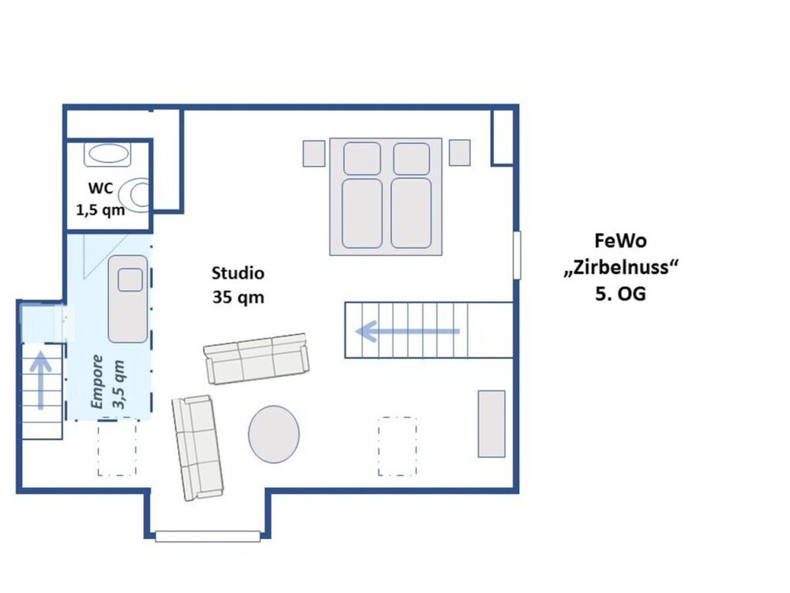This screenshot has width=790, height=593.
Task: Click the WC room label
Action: point(100,188)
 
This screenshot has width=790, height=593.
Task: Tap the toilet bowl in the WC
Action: point(137,195)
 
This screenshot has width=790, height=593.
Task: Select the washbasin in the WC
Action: point(107,154)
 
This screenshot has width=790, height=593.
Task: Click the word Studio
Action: point(238,273)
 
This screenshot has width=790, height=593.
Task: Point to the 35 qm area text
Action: point(238,297)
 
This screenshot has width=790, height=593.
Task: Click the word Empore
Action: point(96,382)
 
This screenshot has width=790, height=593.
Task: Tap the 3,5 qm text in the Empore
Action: point(118,384)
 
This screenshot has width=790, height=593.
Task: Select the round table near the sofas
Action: point(273,434)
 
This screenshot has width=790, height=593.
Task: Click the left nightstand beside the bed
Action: point(314,153)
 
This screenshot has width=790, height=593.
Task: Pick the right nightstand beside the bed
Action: point(460,153)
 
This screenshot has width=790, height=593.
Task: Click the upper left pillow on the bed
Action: point(362,158)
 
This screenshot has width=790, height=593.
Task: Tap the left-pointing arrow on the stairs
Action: point(407,332)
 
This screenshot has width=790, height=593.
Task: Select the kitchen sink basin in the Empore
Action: point(130,280)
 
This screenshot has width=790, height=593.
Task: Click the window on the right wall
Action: point(517,255)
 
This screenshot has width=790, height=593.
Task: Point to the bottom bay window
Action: point(208,536)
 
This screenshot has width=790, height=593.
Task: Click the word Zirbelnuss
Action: point(621,266)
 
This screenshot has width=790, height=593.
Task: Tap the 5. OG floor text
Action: point(620,293)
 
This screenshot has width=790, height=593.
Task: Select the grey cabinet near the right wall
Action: point(491,424)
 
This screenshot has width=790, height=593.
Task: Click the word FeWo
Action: point(620,240)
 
